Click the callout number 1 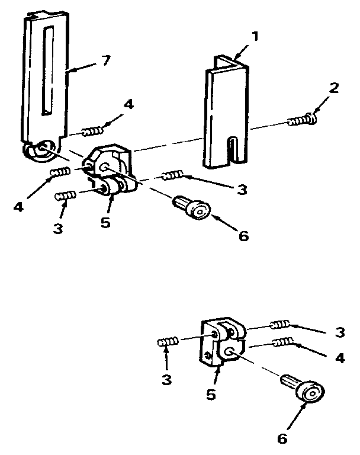(255, 37)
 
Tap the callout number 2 (334, 88)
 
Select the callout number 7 (106, 60)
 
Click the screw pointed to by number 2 (302, 120)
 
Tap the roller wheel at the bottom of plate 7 (41, 151)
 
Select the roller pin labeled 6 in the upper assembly (192, 207)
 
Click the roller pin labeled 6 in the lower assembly (303, 387)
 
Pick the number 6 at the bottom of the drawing (282, 438)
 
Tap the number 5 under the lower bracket (211, 395)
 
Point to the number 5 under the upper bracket (105, 223)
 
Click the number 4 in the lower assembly (340, 358)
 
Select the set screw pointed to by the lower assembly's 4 (283, 342)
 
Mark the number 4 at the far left (18, 207)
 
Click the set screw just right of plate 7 (92, 132)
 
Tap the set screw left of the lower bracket (168, 342)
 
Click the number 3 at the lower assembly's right (339, 332)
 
